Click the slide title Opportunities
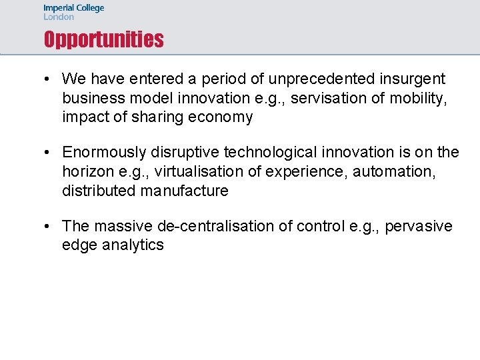tap(103, 40)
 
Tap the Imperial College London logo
tap(74, 12)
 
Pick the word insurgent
tap(414, 79)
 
